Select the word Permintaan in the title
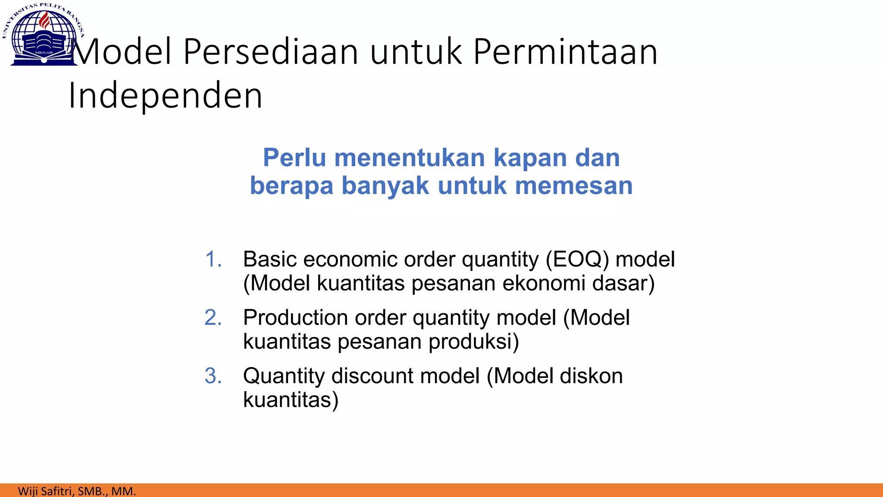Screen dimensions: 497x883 pos(565,52)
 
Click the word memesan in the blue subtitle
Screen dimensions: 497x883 pos(574,186)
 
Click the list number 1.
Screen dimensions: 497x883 pos(213,260)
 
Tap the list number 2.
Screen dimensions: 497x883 pos(213,318)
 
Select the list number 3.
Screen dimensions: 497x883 pos(213,376)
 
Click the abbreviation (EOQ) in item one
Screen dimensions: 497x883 pos(577,260)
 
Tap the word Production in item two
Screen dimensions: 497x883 pos(295,318)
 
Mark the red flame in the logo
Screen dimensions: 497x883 pos(44,20)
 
